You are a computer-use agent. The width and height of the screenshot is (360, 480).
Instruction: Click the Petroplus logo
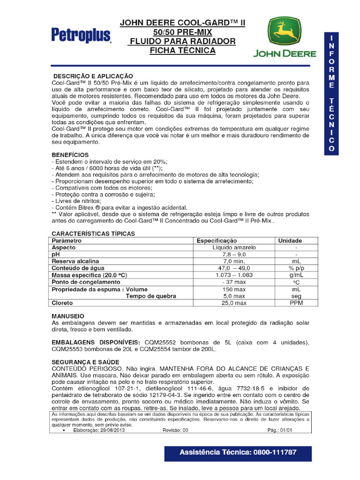[81, 35]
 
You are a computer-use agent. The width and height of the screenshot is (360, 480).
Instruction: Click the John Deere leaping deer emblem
[285, 32]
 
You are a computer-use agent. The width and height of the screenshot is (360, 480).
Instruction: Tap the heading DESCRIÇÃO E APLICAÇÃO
[93, 76]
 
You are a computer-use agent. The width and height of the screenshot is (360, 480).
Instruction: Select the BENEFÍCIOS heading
[70, 155]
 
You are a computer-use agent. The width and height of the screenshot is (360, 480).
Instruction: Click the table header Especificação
[217, 240]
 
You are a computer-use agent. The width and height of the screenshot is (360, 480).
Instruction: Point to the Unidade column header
[290, 240]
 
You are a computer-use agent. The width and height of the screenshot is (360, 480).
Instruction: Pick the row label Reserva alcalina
[75, 261]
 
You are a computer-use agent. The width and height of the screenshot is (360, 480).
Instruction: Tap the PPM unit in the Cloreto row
[296, 303]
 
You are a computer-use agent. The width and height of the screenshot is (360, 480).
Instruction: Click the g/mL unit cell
[296, 275]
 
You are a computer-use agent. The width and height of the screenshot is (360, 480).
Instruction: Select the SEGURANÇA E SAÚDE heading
[85, 362]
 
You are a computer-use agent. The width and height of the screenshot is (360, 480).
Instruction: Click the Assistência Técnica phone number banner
[238, 452]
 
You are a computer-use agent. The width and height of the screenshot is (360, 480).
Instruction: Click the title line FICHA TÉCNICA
[182, 50]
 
